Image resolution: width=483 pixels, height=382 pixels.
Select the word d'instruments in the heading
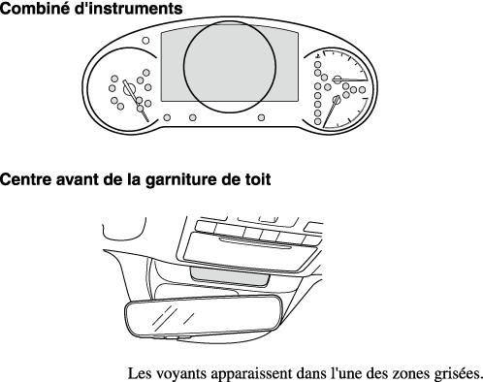coord(128,9)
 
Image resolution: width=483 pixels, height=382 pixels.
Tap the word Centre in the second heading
coord(26,179)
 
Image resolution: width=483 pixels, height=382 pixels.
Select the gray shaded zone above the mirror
coord(230,277)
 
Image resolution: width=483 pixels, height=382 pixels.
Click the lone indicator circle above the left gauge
coord(145,41)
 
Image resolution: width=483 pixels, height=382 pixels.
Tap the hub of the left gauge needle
coord(129,88)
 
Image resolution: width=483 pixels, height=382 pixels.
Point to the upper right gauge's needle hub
coord(338,80)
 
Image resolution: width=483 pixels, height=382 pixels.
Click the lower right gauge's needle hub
coord(337,99)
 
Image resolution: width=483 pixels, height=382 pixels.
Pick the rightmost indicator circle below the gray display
coord(261,117)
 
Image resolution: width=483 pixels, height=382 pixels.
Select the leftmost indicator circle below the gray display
coord(167,117)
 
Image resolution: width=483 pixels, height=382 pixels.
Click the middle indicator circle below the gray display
coord(193,117)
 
